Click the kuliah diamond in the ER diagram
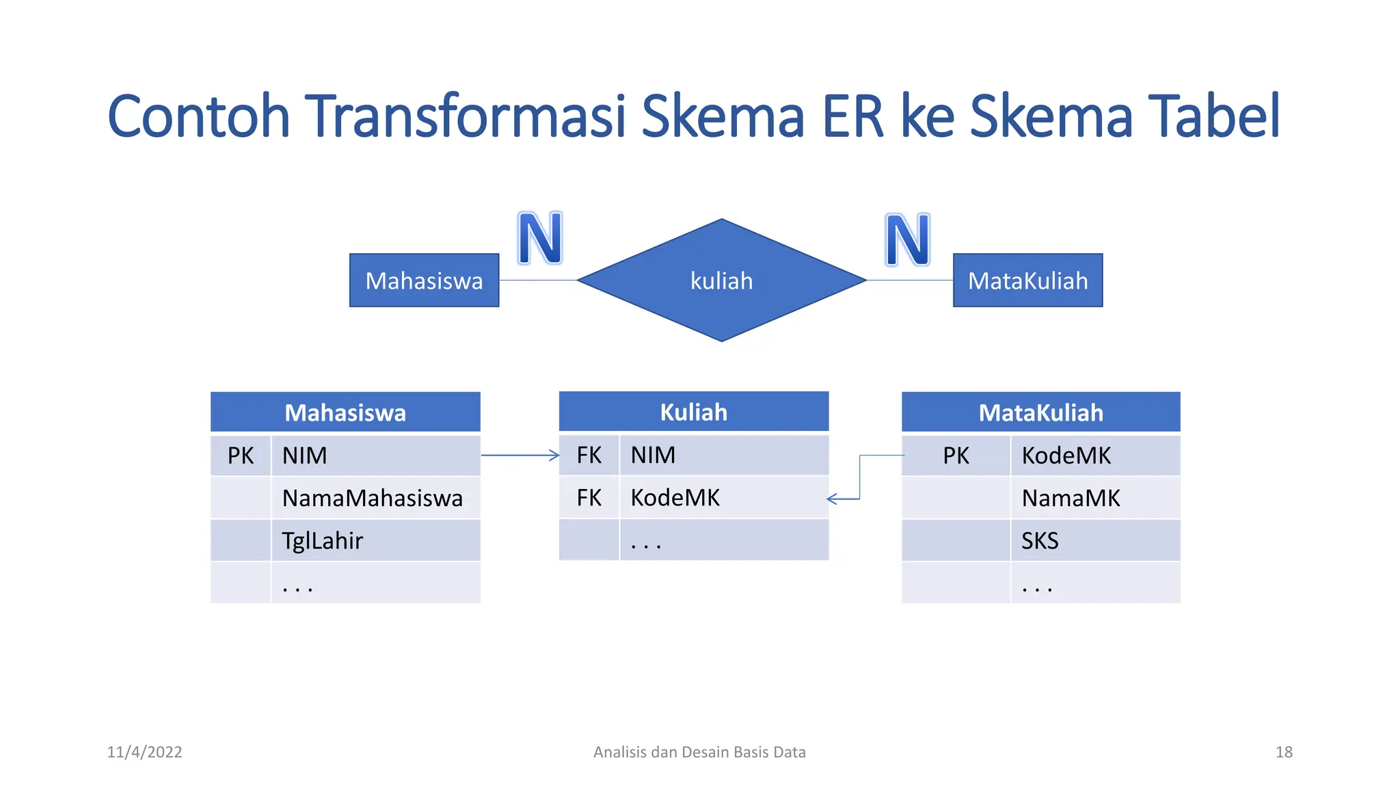pos(721,280)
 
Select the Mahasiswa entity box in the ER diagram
pos(424,280)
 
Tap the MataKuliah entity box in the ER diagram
pos(1027,280)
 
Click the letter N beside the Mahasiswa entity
pos(539,238)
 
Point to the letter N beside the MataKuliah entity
pos(907,239)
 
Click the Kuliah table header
pos(693,412)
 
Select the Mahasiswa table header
pos(345,412)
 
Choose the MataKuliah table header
pos(1040,412)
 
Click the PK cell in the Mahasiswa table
pos(241,456)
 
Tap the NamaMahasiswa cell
pos(373,498)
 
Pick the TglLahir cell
pos(323,540)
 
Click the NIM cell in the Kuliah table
pos(723,455)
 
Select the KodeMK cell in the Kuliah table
pos(723,497)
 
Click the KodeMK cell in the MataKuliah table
pos(1094,456)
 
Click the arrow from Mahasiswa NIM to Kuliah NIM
pos(520,455)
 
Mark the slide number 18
pos(1284,752)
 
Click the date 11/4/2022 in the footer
pos(144,752)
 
